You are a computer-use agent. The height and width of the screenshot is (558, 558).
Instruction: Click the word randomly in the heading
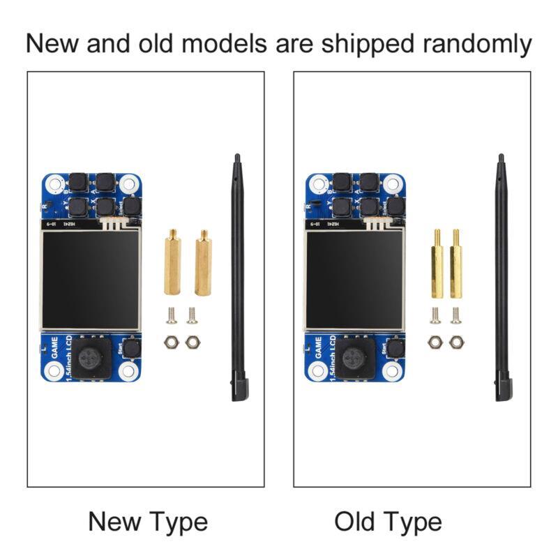477,43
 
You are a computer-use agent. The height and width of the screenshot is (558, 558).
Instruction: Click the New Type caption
148,522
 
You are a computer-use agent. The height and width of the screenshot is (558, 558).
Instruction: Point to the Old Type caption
388,522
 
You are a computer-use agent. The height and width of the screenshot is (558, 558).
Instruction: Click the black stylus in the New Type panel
238,279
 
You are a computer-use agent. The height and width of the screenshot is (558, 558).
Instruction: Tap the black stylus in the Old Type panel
502,279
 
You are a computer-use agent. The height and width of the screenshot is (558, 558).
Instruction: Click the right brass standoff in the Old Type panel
455,264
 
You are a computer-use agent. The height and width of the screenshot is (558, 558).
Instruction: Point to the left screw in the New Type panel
172,317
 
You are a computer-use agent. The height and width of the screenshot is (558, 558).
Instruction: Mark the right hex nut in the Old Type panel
455,342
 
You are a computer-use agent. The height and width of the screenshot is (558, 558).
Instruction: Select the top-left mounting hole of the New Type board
52,184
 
